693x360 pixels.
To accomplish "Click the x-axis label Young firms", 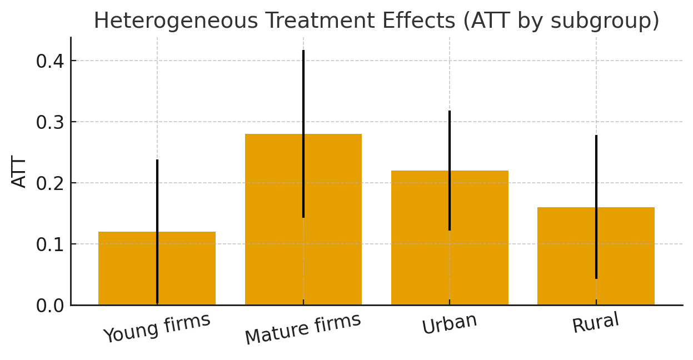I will (x=157, y=328).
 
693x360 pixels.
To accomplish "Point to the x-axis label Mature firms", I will (x=303, y=328).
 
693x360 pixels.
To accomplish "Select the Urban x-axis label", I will (x=450, y=324).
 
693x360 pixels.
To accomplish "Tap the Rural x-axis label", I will (x=596, y=323).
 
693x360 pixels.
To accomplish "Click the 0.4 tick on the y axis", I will (x=50, y=61).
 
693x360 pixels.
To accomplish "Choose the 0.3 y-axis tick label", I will (x=50, y=122).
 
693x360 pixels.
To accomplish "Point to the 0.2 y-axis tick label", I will (x=50, y=183).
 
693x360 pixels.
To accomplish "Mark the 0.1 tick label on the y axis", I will (x=50, y=244).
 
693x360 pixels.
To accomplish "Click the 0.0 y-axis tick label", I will (x=50, y=306).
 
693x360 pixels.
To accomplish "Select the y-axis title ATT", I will (x=19, y=172).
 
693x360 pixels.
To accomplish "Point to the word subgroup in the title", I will (x=606, y=21).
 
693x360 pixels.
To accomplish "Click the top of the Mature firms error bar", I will (x=303, y=51).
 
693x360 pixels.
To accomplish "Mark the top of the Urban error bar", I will (x=450, y=112).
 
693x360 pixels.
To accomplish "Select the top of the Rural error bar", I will (x=596, y=136).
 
